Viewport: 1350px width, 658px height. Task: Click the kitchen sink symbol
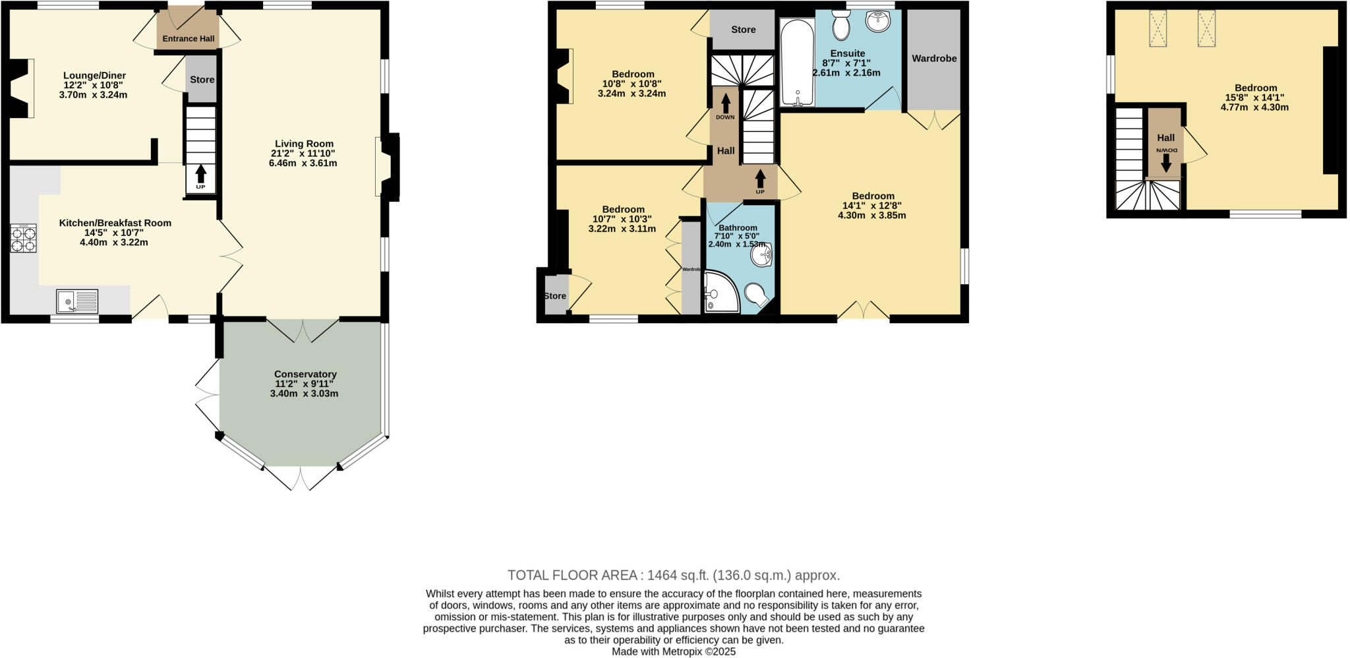pyautogui.click(x=77, y=302)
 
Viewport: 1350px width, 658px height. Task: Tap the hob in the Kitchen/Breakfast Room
pyautogui.click(x=23, y=238)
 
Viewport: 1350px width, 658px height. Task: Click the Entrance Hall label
pyautogui.click(x=189, y=39)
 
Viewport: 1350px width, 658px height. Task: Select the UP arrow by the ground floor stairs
pyautogui.click(x=200, y=175)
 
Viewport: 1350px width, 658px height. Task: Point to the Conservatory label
pyautogui.click(x=305, y=374)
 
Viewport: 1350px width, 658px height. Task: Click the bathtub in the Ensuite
pyautogui.click(x=797, y=63)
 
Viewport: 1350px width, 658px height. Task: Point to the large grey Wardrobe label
pyautogui.click(x=934, y=59)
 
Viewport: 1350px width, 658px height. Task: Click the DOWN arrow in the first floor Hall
pyautogui.click(x=725, y=105)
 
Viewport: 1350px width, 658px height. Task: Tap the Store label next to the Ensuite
pyautogui.click(x=743, y=30)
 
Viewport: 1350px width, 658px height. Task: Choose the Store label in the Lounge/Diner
pyautogui.click(x=202, y=80)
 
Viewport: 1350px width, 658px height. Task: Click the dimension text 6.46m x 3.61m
pyautogui.click(x=303, y=163)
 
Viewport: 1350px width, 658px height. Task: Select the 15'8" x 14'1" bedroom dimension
pyautogui.click(x=1255, y=98)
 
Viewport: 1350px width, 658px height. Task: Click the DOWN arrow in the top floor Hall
pyautogui.click(x=1165, y=162)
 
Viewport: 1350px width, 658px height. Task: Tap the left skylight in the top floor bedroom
pyautogui.click(x=1158, y=28)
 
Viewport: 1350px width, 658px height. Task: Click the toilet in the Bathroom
pyautogui.click(x=755, y=293)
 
